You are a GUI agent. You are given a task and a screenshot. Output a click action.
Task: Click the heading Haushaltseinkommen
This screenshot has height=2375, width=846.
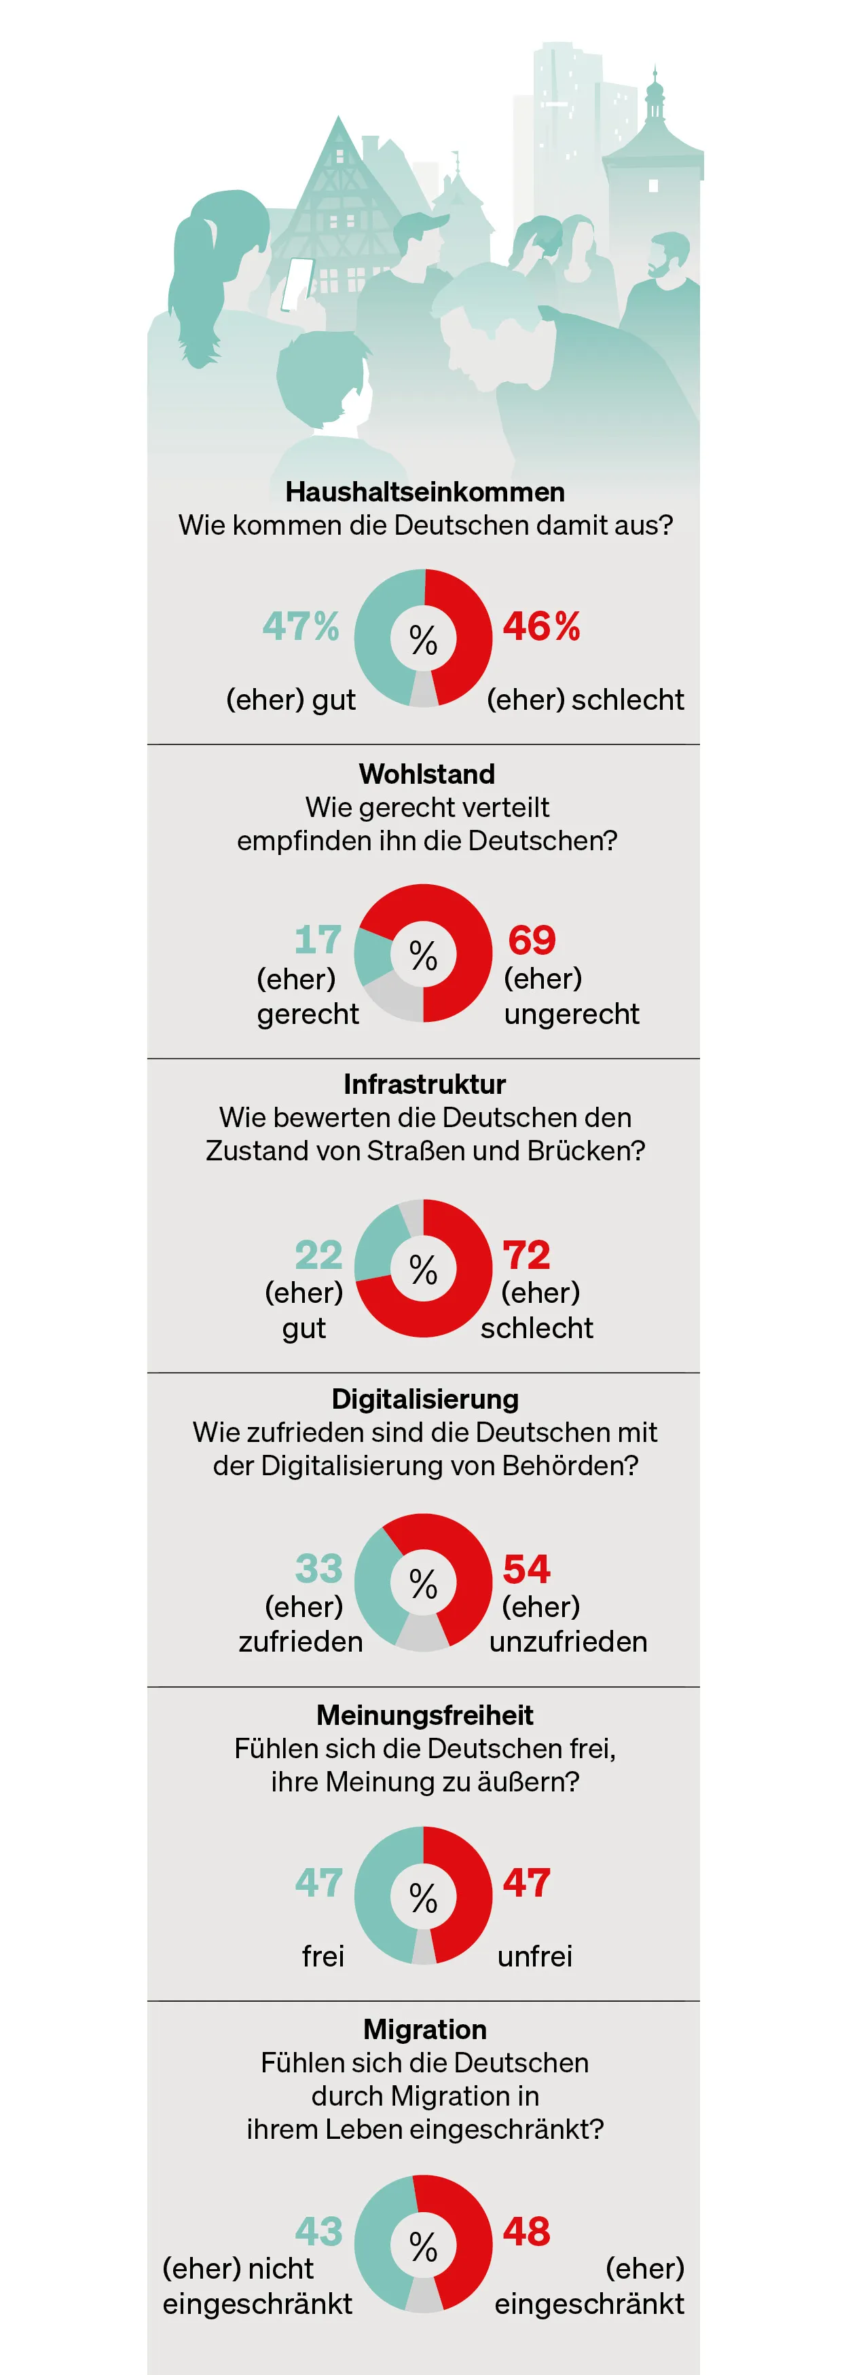pos(424,491)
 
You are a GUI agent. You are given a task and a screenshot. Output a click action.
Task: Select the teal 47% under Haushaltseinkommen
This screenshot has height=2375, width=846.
pos(301,627)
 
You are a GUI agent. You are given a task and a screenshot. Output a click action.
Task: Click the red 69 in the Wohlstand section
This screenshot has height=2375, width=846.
pos(532,940)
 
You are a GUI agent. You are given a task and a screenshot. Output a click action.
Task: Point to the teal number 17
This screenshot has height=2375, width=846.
pos(317,940)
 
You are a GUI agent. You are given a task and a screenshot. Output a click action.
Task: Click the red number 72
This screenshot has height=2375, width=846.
pos(526,1255)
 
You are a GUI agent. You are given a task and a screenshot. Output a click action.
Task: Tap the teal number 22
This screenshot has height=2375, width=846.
pos(318,1255)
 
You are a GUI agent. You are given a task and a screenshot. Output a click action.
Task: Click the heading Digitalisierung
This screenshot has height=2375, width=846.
pos(424,1399)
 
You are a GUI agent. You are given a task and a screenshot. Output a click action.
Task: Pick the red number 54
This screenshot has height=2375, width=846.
pos(526,1569)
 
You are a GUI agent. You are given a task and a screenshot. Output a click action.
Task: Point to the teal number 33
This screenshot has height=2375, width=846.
pos(318,1569)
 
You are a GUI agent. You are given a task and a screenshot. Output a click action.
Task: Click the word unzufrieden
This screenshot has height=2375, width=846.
pos(568,1642)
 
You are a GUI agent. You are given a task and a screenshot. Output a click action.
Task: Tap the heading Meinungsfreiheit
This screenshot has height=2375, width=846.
pos(424,1715)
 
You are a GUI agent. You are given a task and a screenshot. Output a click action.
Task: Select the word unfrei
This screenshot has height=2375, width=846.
pos(534,1956)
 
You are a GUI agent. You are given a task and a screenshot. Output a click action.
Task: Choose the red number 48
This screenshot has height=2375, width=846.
pos(526,2232)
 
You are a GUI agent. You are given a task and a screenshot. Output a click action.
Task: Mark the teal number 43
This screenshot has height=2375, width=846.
pos(318,2232)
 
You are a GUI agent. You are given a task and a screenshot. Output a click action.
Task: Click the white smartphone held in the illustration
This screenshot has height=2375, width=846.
pos(296,284)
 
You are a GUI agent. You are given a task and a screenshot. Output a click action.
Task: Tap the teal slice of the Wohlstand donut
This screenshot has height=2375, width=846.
pos(373,956)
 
